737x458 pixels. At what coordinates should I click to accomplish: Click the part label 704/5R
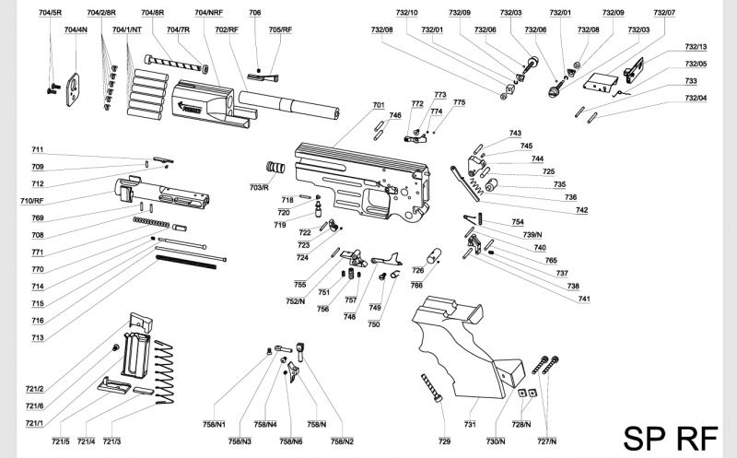coord(51,13)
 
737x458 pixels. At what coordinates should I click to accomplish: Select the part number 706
coord(255,13)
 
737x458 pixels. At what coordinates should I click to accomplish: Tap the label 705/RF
coord(280,30)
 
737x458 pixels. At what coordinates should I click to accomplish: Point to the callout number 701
coord(378,105)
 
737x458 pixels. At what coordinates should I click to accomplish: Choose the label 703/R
coord(258,187)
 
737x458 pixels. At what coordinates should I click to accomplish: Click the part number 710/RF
coord(32,200)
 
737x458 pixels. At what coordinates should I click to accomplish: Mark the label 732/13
coord(696,47)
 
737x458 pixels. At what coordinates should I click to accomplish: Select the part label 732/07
coord(664,13)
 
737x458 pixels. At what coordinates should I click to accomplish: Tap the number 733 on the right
coord(691,81)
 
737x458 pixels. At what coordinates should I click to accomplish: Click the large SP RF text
coord(663,438)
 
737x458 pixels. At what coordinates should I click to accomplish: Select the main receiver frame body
coord(359,180)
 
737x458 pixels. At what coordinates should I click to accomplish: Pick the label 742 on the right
coord(581,210)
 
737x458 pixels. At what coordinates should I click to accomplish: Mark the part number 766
coord(416,286)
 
